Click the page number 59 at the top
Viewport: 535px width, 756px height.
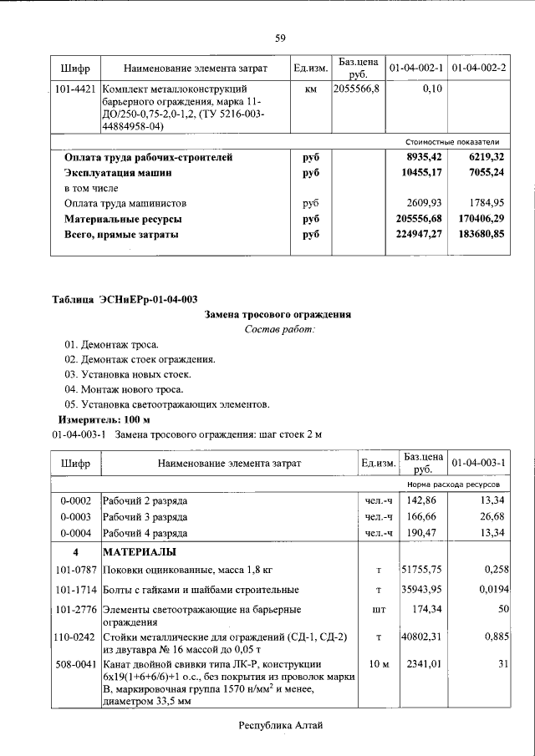coord(280,38)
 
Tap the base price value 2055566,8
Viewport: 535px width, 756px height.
coord(357,88)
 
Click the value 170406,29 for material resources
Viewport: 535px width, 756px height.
coord(476,219)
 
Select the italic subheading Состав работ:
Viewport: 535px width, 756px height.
coord(279,330)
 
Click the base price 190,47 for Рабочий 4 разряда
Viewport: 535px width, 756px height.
coord(422,532)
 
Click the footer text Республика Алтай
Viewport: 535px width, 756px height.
coord(280,726)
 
